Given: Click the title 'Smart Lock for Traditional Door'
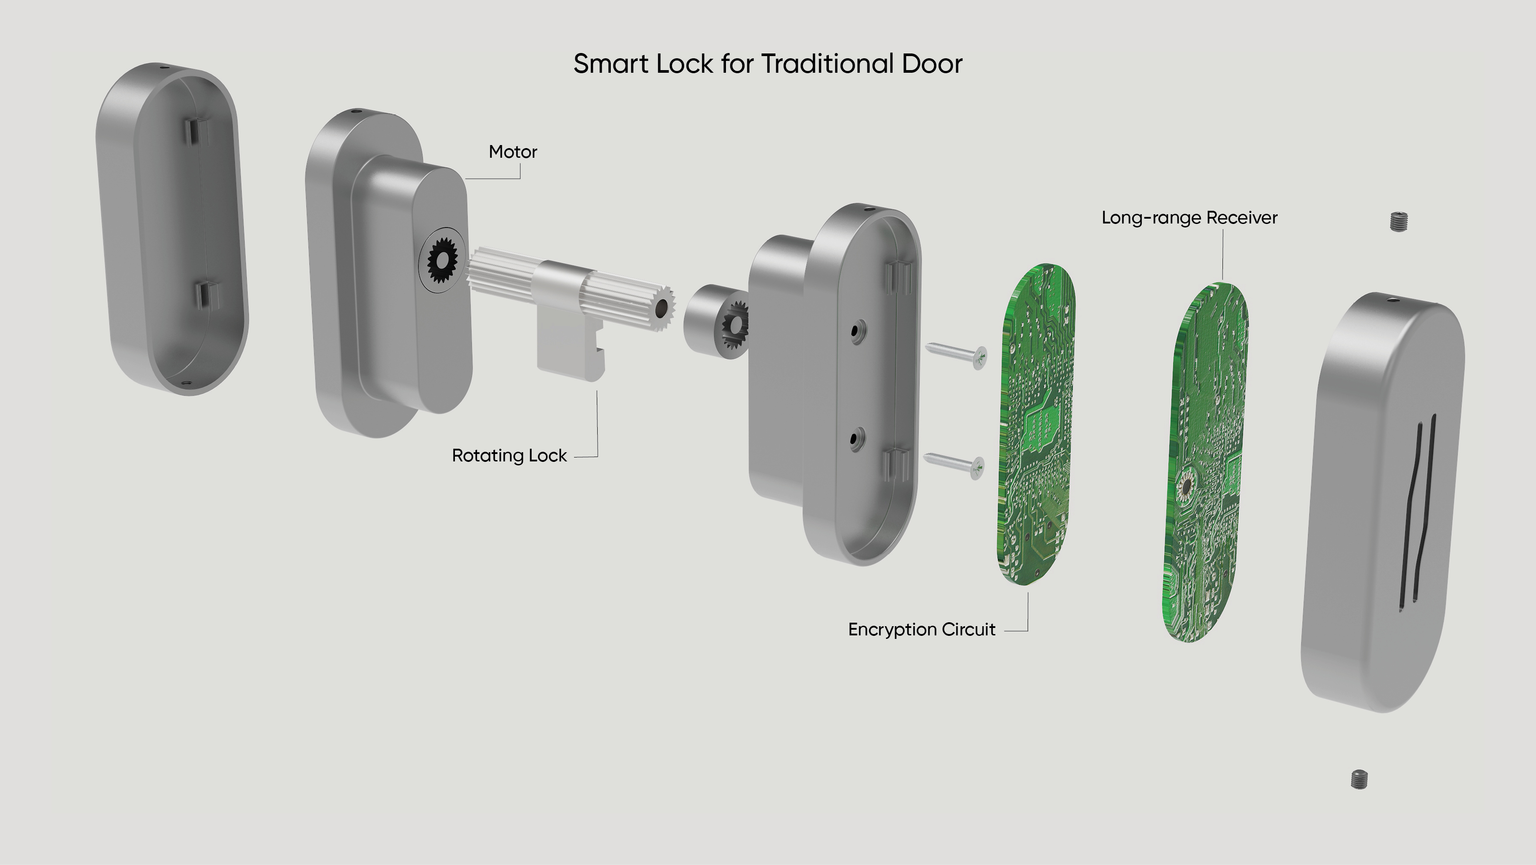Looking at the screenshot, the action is click(768, 64).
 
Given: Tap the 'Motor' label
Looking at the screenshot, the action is click(513, 152).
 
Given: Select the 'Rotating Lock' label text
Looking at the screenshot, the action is click(509, 456).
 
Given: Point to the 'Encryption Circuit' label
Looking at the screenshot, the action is click(921, 629).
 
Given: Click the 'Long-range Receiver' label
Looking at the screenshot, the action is click(1189, 218).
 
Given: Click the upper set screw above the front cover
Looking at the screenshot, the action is click(1398, 221).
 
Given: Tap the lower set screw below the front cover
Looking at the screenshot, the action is click(1359, 779).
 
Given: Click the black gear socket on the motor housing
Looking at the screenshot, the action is click(442, 259).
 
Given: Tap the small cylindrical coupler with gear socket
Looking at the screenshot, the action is click(714, 322).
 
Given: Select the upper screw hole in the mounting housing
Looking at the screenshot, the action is click(857, 330).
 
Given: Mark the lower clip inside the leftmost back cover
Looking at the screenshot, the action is click(206, 294).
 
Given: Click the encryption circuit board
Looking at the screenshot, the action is click(1036, 424).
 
